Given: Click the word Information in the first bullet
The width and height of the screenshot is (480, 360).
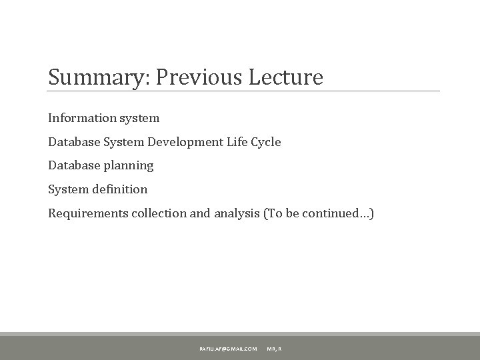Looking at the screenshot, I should click(x=79, y=118).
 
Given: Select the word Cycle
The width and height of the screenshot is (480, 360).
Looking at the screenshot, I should click(x=267, y=141).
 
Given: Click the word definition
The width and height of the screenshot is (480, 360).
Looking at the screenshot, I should click(x=117, y=189).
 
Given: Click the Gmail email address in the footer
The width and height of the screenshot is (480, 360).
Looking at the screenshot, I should click(x=227, y=349).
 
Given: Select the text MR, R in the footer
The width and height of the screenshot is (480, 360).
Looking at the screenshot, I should click(x=274, y=349).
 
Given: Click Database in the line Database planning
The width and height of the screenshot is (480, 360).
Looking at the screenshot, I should click(x=72, y=165).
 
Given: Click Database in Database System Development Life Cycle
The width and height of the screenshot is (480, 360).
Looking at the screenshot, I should click(x=72, y=141).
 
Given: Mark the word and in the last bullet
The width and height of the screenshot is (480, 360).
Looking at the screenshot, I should click(x=201, y=213).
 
